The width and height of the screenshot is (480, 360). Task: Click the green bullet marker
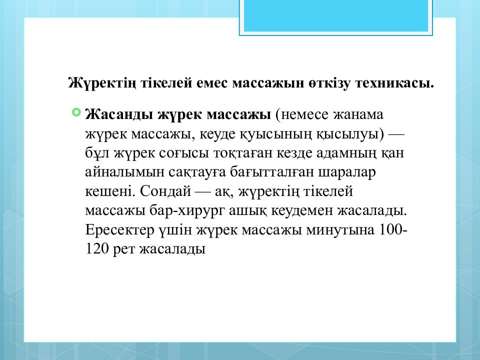pos(76,112)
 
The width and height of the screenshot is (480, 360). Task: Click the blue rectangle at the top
pos(335,15)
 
